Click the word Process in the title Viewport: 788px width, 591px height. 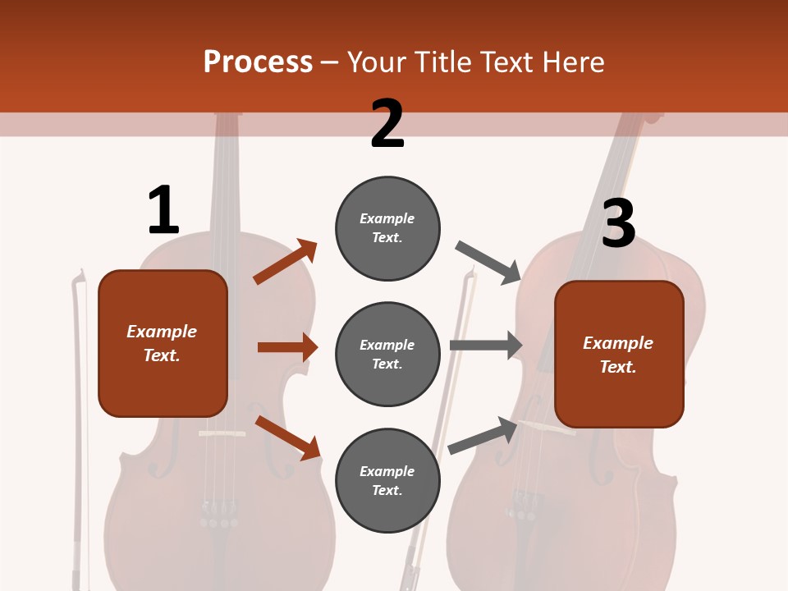[258, 62]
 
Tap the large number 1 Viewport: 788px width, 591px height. [163, 210]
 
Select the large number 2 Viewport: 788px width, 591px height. [387, 124]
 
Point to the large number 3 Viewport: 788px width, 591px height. [618, 223]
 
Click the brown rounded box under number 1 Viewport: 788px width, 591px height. [163, 343]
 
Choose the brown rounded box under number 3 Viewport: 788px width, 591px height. [619, 355]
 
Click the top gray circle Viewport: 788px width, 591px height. [387, 228]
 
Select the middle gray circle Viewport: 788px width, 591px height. [387, 355]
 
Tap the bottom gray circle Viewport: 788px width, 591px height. [387, 481]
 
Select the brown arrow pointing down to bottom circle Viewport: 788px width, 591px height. [287, 438]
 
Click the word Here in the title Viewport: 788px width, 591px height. [572, 62]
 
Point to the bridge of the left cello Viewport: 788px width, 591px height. [222, 433]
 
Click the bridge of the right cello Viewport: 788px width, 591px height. [547, 426]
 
